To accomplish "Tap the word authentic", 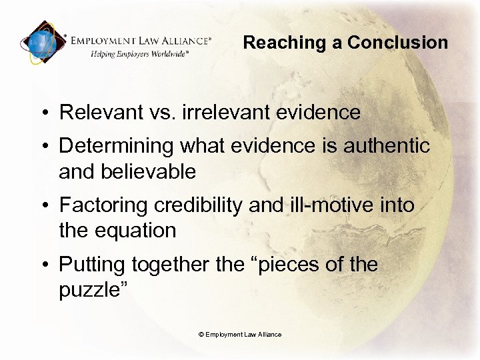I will (x=387, y=145).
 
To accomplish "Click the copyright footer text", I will (x=240, y=334).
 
